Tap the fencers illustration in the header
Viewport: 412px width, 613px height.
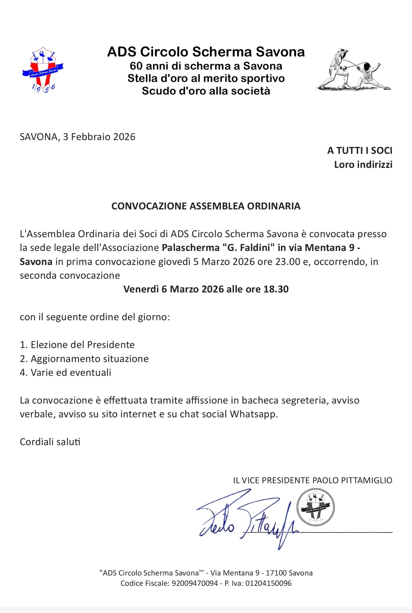click(354, 70)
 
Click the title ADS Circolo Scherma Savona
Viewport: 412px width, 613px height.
click(206, 52)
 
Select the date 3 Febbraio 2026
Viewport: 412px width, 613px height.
click(99, 137)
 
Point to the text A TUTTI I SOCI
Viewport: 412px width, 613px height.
click(360, 151)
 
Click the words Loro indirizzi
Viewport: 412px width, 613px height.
click(363, 165)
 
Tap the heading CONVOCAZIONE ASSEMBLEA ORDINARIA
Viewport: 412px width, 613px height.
click(206, 206)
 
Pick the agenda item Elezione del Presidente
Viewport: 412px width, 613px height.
click(82, 345)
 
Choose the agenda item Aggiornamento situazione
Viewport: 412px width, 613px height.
click(89, 359)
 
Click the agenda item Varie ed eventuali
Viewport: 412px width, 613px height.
click(71, 373)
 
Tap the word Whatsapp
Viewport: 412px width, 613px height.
click(254, 414)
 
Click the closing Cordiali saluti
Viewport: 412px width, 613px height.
click(50, 442)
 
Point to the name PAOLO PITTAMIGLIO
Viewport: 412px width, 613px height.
click(352, 481)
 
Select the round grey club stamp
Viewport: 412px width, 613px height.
click(316, 507)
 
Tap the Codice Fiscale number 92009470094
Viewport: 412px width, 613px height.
click(195, 583)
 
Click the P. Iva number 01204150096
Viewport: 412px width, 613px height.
click(268, 583)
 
